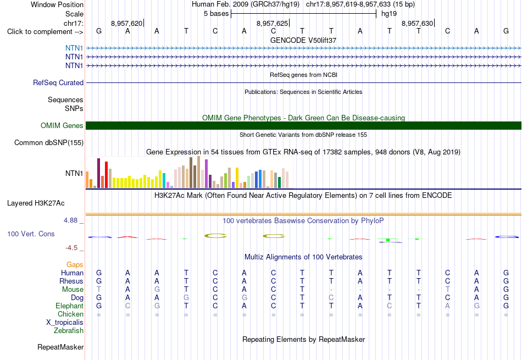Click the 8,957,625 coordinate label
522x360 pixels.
click(x=272, y=23)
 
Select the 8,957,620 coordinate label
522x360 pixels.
click(x=126, y=23)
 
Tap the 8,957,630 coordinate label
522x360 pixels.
click(x=417, y=23)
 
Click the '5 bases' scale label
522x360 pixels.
click(x=216, y=14)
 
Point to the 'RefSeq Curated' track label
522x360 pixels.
click(x=58, y=82)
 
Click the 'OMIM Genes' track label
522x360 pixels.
click(x=62, y=125)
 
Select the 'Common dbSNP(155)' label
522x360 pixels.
click(x=49, y=142)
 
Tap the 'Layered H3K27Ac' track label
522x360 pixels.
click(x=36, y=203)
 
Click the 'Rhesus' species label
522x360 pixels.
click(x=71, y=281)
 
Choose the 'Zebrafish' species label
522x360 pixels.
click(x=69, y=331)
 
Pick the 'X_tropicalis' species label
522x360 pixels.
click(x=65, y=323)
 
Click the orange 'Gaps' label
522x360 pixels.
click(x=75, y=264)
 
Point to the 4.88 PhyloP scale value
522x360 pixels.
click(x=70, y=220)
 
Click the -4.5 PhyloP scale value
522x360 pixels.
click(x=71, y=247)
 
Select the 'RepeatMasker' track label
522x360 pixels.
click(x=60, y=347)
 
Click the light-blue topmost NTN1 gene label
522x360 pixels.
click(x=74, y=48)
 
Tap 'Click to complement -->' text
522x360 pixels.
click(x=45, y=32)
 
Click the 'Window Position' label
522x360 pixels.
click(x=57, y=4)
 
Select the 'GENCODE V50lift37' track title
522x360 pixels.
click(x=303, y=40)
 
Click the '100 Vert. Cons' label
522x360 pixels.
click(x=31, y=234)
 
